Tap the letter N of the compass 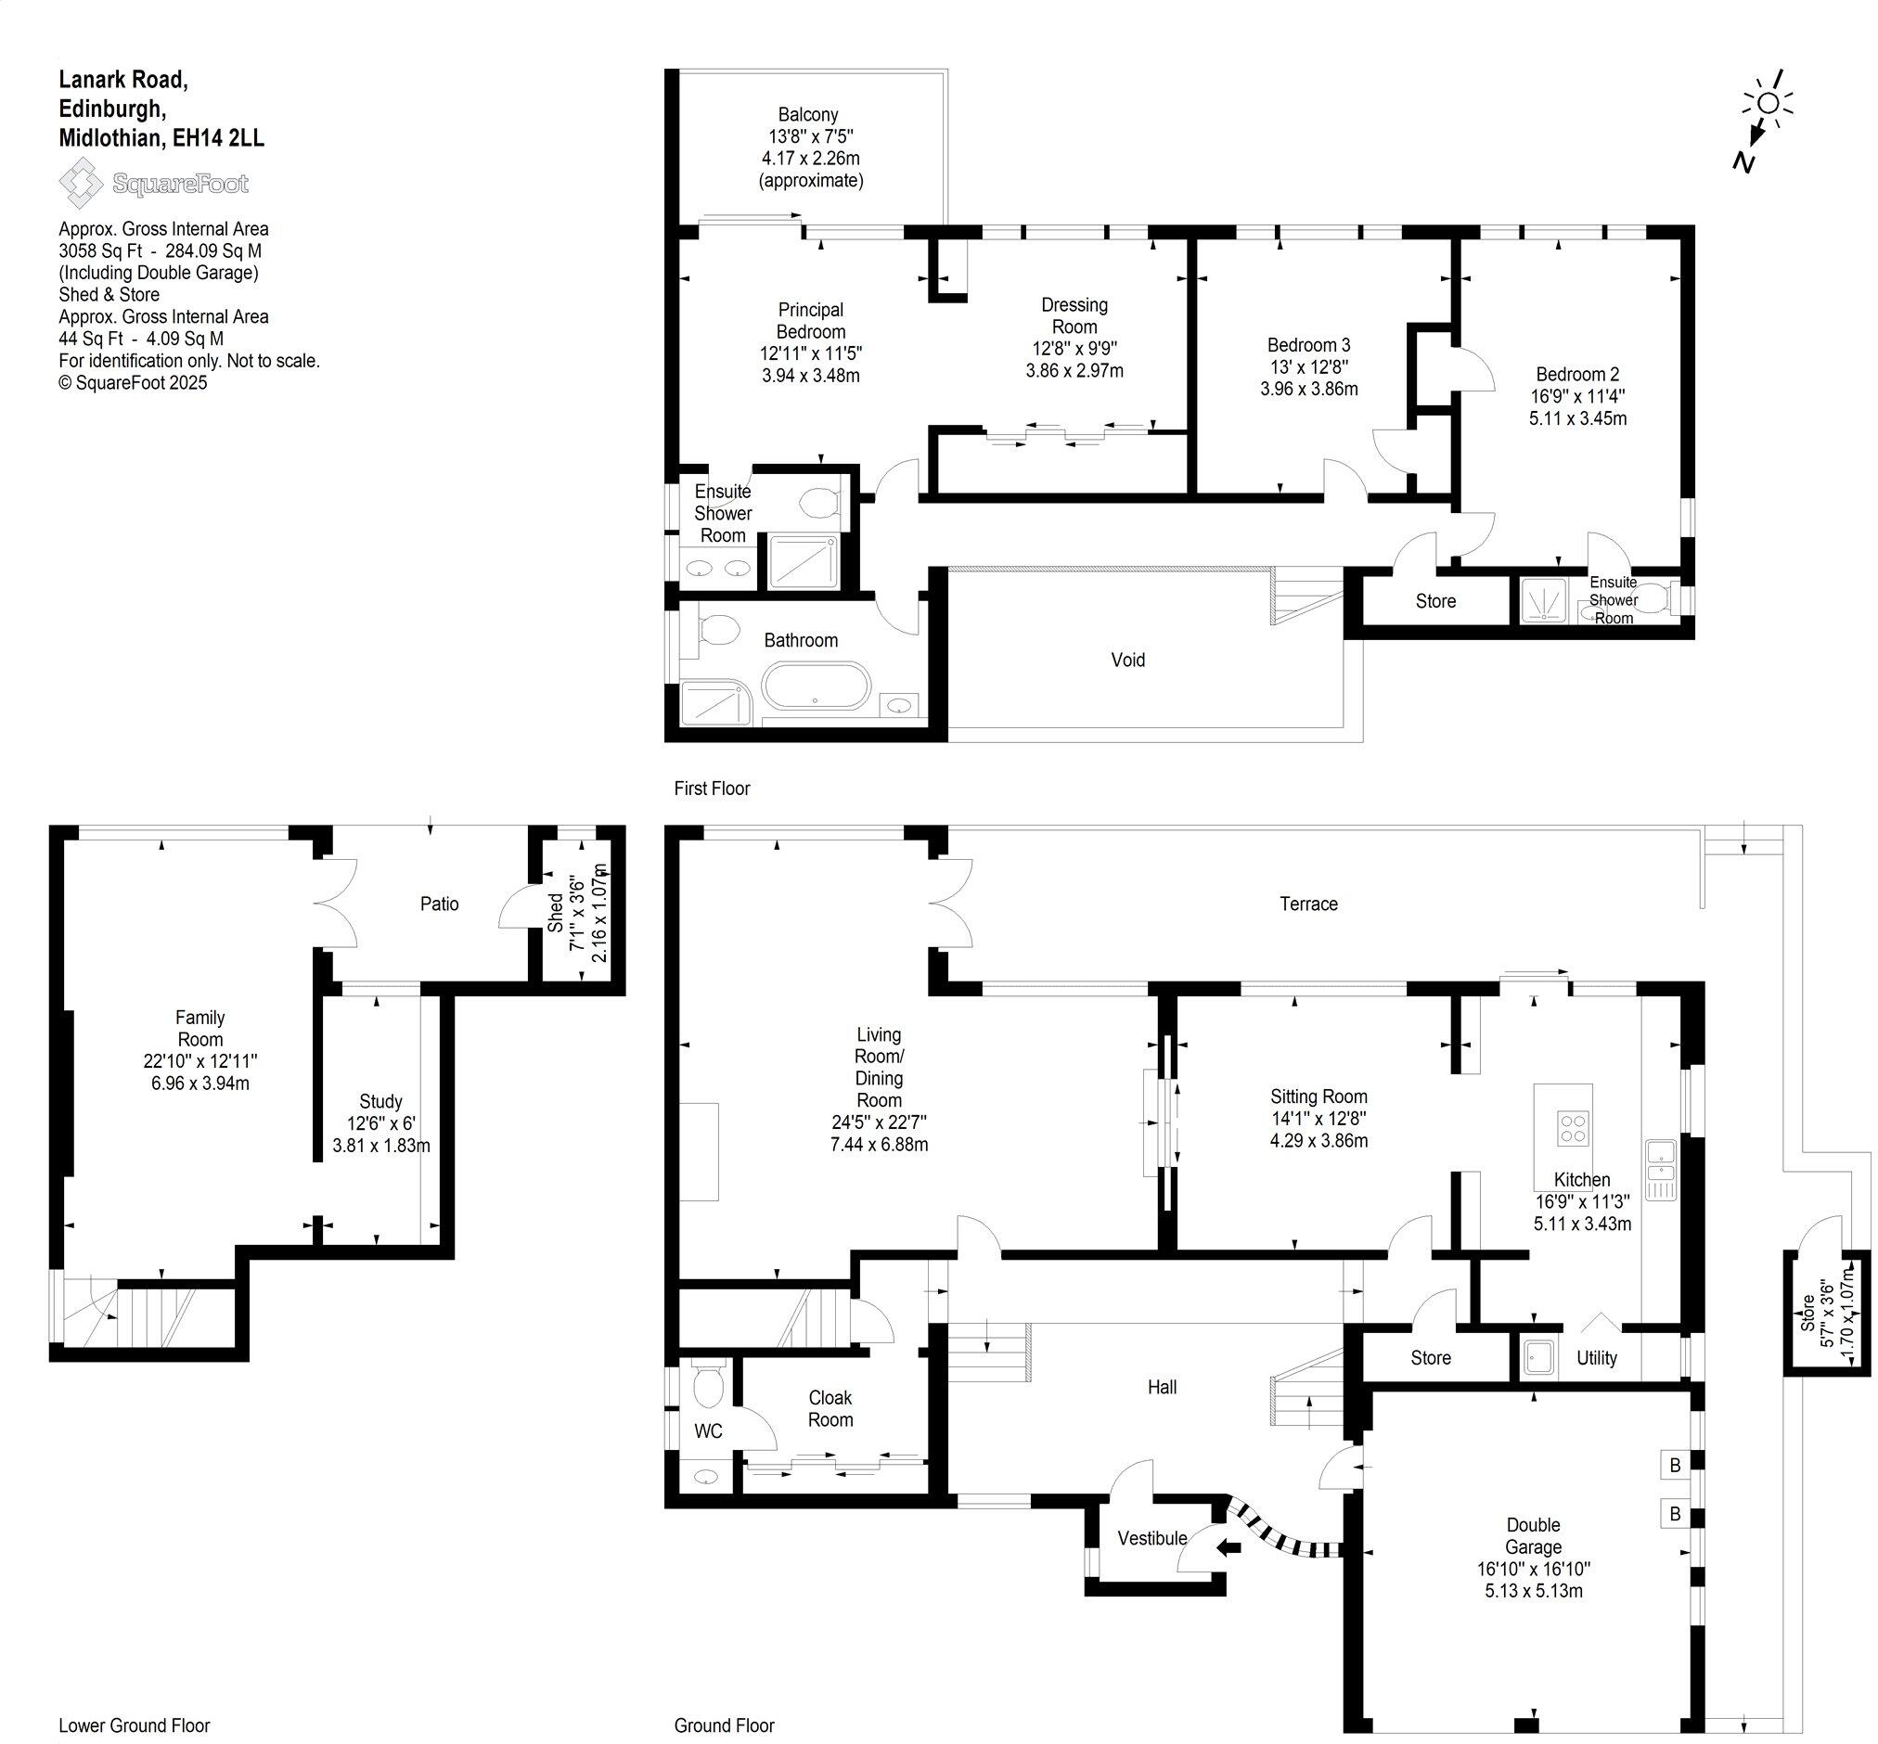point(1743,162)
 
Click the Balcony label point(808,114)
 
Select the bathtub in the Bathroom point(816,686)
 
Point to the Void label point(1127,660)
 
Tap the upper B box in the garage point(1675,1465)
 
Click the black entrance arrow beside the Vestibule point(1228,1546)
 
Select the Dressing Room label point(1074,315)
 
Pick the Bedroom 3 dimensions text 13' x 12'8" point(1308,366)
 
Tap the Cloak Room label point(830,1408)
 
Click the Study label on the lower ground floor point(380,1101)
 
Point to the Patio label point(440,904)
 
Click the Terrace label point(1308,904)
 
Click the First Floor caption point(712,788)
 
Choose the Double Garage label point(1534,1535)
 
